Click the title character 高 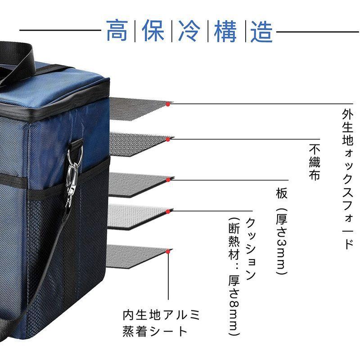pos(117,31)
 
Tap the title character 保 pos(153,31)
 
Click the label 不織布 pos(315,162)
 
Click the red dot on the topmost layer pos(167,104)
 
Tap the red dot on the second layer pos(167,139)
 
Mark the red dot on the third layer pos(167,180)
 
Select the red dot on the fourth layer pos(167,210)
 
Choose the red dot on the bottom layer pos(167,250)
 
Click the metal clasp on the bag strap pos(74,173)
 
